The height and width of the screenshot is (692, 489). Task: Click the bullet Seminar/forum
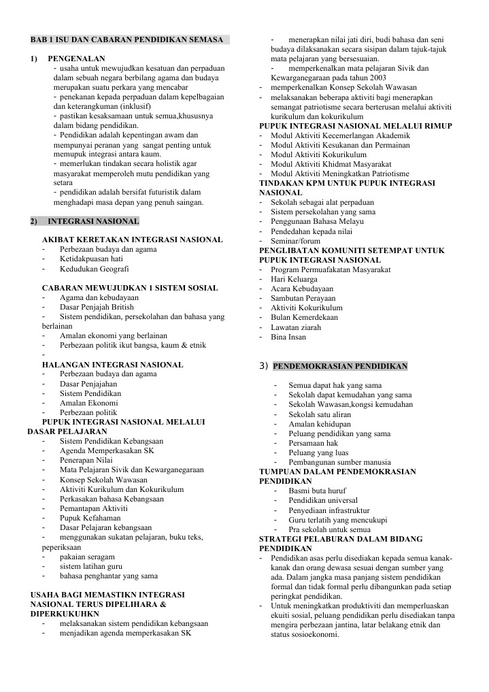(295, 241)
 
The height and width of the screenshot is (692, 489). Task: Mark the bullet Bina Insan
(288, 336)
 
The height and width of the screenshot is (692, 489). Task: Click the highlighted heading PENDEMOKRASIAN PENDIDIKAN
(340, 366)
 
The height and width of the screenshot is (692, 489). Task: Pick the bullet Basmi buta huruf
(317, 491)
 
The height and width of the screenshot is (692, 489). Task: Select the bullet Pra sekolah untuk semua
(329, 529)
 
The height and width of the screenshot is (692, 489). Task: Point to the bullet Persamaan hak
(313, 442)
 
